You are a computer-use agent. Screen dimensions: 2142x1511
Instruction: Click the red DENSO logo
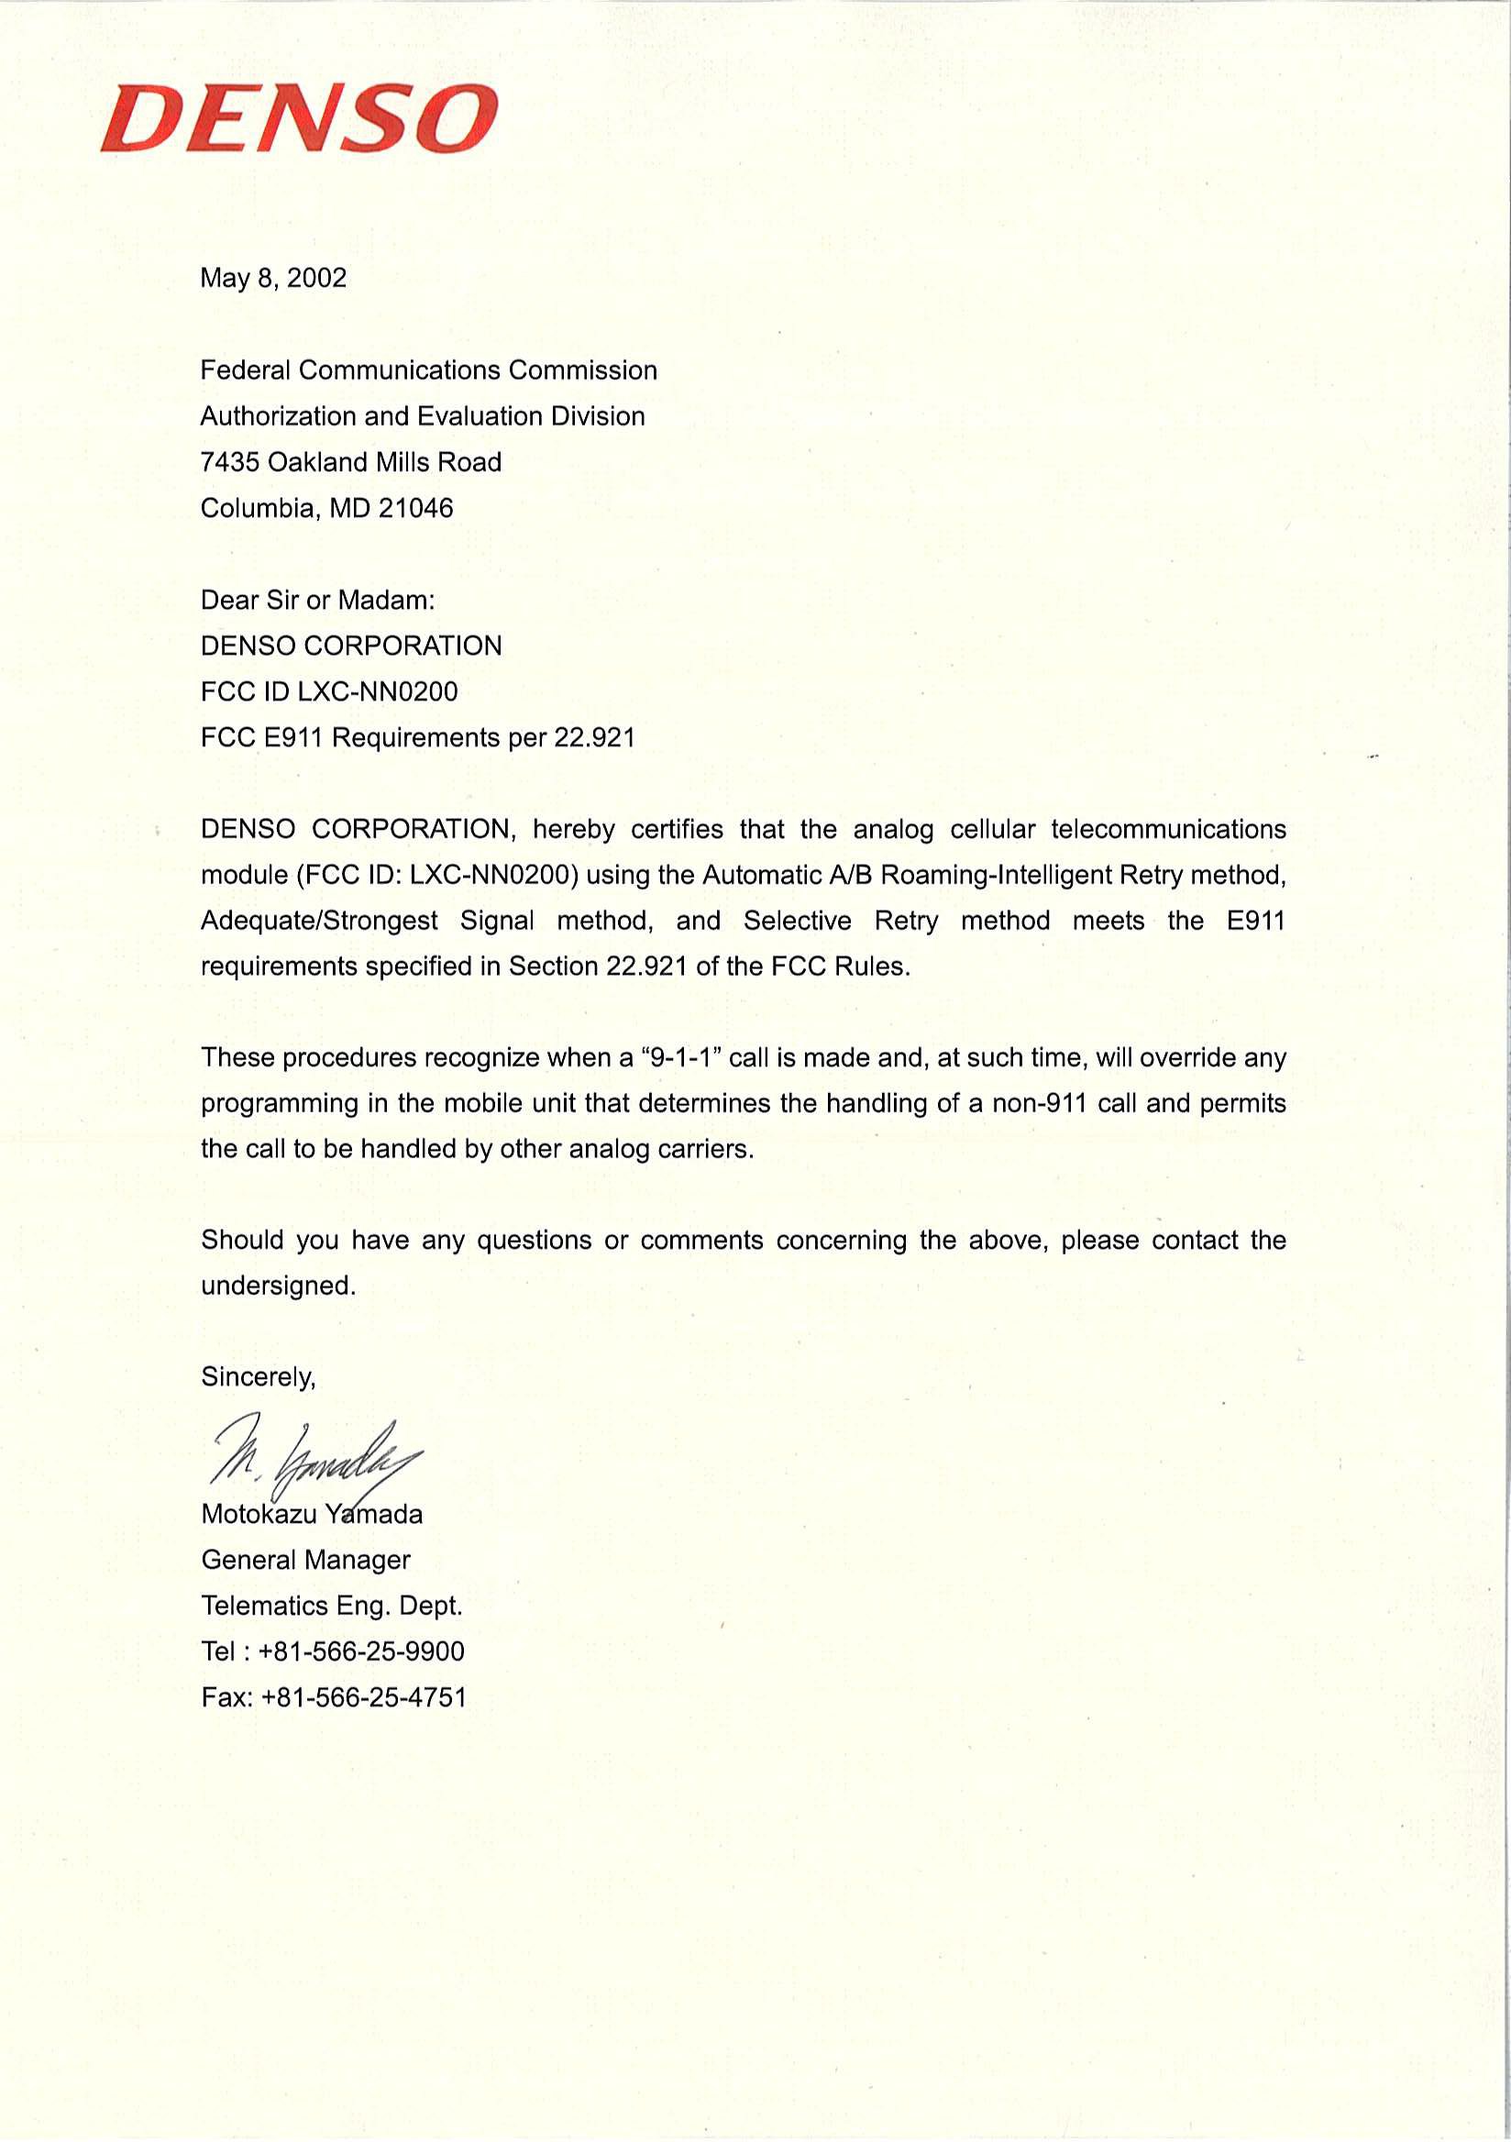(x=299, y=119)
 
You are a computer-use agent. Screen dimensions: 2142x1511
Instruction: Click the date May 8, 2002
(x=273, y=278)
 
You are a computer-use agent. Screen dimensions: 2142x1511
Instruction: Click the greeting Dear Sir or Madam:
(x=318, y=600)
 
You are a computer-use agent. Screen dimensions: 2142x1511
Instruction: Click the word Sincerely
(x=258, y=1377)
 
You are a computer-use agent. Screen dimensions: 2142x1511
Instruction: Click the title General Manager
(x=306, y=1560)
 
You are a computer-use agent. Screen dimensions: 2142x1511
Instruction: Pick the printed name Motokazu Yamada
(x=312, y=1514)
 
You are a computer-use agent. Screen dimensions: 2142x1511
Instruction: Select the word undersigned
(x=277, y=1286)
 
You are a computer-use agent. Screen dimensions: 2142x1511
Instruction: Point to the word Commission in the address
(x=583, y=370)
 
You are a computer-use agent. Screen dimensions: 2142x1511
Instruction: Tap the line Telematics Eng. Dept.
(x=332, y=1606)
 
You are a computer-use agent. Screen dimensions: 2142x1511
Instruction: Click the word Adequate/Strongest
(x=319, y=921)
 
